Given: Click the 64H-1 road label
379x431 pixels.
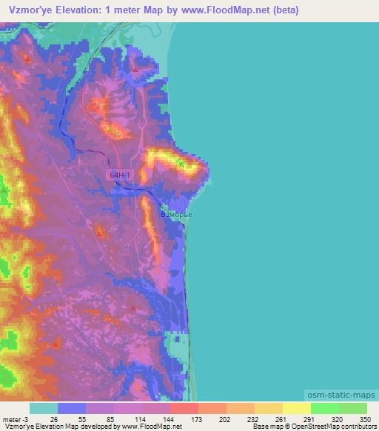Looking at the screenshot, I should pos(120,176).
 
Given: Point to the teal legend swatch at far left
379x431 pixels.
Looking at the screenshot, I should pos(44,408).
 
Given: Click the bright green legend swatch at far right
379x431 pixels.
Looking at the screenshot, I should pos(353,408).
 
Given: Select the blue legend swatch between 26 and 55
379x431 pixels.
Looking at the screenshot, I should pos(72,408).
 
